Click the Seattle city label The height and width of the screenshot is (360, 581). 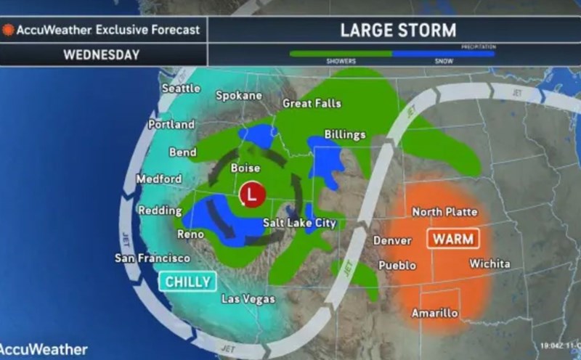181,88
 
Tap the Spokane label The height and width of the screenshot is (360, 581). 239,96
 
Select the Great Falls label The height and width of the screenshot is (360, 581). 312,104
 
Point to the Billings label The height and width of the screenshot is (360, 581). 345,135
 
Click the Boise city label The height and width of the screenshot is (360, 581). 245,168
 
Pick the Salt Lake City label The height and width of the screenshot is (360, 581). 299,223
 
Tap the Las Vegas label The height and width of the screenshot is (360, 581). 249,299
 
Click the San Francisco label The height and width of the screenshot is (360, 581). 153,258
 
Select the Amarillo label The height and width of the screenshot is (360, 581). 434,313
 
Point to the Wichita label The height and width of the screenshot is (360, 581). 489,263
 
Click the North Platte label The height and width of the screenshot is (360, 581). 444,212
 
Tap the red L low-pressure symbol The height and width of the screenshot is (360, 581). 251,195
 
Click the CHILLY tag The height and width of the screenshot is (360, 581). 187,282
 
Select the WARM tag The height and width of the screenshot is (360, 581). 454,239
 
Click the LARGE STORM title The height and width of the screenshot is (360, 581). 398,30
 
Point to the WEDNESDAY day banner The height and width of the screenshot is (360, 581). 101,54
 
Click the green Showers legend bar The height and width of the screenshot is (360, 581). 341,53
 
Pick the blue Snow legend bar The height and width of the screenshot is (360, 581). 443,53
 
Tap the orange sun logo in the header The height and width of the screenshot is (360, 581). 9,30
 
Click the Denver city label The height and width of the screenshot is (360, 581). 392,241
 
